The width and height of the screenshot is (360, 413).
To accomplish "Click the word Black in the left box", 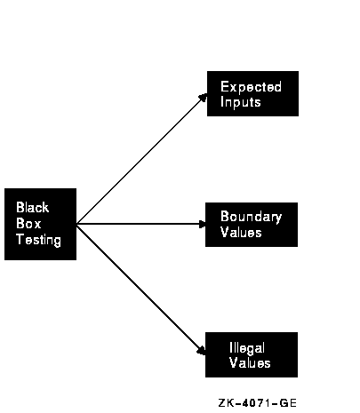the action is tap(33, 207).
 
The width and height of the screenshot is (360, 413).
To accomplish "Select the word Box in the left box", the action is tap(28, 224).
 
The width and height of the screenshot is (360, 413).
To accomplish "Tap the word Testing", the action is tap(38, 240).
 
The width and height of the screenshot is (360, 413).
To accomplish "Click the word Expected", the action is tap(251, 87).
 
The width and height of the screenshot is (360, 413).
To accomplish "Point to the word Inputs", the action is tap(241, 102).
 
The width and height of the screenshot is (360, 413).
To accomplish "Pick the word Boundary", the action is tap(251, 218).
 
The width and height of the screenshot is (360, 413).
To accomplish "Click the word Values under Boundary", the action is tap(241, 232).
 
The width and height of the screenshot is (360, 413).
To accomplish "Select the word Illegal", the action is tap(247, 348).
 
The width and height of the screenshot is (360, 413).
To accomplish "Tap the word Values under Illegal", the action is tap(250, 363).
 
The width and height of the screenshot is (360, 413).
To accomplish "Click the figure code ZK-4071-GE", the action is tap(257, 403).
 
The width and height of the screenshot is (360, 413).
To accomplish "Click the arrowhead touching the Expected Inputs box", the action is tap(204, 97).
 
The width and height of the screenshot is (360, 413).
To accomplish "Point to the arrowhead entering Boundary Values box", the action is tap(203, 224).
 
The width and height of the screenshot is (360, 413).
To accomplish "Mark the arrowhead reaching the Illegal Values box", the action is tap(202, 351).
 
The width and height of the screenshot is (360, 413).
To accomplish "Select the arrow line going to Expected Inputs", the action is tap(141, 159).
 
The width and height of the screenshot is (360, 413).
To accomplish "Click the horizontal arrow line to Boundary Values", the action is tap(141, 224).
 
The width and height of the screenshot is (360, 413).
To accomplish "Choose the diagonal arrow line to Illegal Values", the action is tap(141, 290).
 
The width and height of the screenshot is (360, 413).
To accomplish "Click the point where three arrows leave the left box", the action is tap(76, 224).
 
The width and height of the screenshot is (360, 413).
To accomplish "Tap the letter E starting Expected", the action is tap(224, 87).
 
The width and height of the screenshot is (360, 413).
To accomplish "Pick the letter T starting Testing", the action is tap(20, 239).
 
